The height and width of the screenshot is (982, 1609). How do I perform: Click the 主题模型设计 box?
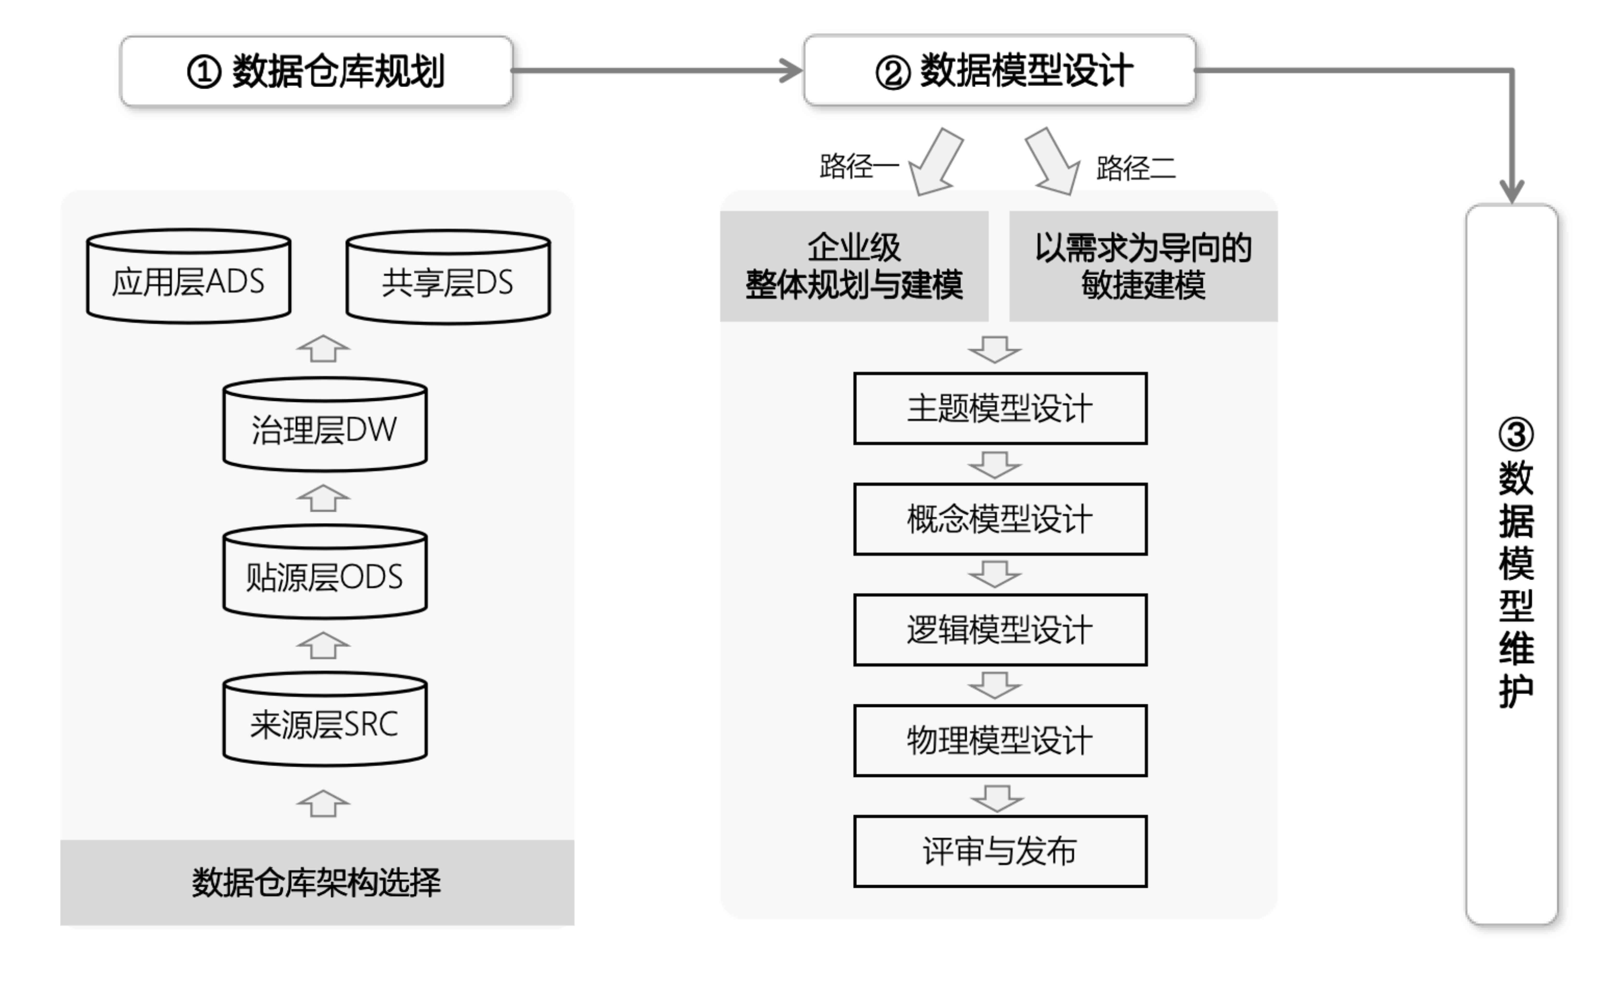pos(1000,409)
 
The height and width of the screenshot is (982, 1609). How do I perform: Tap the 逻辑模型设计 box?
pos(1000,630)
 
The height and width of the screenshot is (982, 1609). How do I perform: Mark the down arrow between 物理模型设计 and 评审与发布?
pos(996,798)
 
